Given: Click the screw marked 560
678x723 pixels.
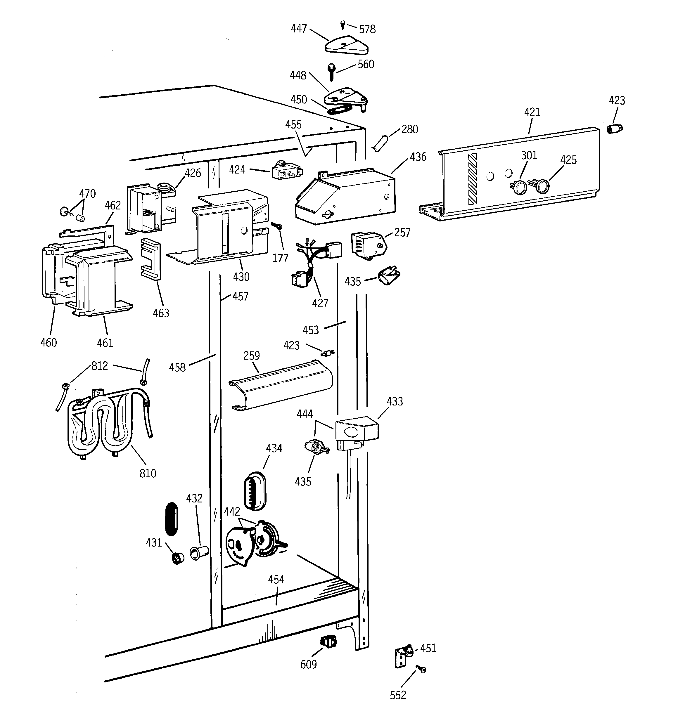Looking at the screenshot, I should [x=332, y=73].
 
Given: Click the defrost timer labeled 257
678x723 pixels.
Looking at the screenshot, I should [x=368, y=246].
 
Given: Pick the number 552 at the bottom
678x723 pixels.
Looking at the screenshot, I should [x=397, y=695].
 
